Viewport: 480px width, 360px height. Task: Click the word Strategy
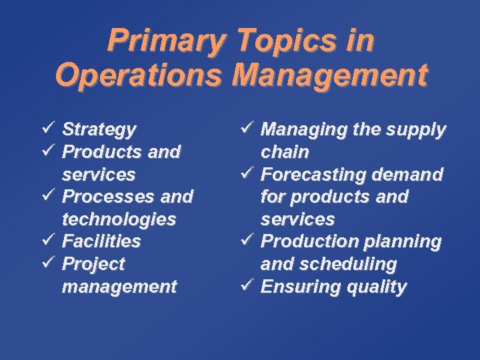pos(99,129)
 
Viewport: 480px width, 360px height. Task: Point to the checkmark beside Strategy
pos(47,128)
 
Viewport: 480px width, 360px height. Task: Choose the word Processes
pos(104,197)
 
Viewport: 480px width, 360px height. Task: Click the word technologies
pos(119,219)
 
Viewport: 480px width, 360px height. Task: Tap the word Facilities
pos(101,241)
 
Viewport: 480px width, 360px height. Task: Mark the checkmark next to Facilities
pos(47,241)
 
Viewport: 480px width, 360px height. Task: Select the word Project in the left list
pos(93,264)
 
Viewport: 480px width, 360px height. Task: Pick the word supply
pos(416,129)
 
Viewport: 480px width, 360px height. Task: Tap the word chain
pos(285,152)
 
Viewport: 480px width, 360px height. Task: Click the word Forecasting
pos(313,175)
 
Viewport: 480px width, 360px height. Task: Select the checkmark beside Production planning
pos(245,241)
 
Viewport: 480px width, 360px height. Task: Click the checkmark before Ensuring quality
pos(245,286)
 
